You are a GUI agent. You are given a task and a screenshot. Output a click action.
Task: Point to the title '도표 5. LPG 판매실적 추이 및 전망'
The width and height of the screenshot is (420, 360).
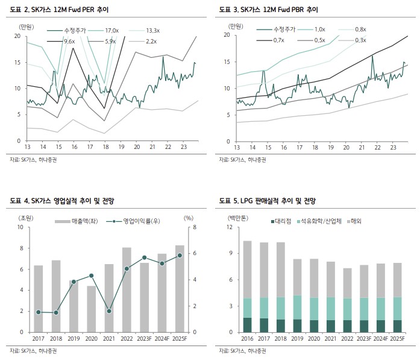coord(267,200)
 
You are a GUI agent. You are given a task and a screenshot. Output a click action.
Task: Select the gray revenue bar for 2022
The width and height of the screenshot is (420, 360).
coord(127,289)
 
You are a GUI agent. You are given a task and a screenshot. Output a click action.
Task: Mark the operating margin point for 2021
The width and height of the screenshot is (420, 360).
coord(109,311)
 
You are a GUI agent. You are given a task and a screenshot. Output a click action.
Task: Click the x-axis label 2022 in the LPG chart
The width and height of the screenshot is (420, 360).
coord(347,339)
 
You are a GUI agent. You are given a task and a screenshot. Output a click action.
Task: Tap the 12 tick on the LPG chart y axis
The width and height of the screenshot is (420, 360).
coord(230,227)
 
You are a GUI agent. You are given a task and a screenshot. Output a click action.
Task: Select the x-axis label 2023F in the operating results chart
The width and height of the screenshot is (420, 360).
coord(145,339)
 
